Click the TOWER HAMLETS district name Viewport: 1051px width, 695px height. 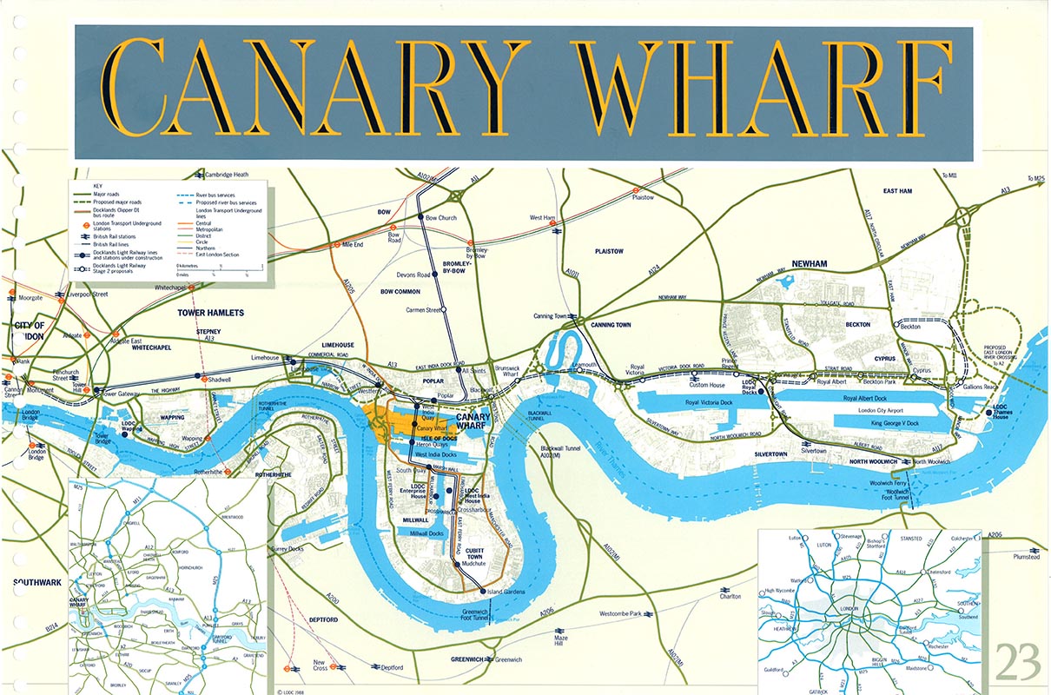(211, 312)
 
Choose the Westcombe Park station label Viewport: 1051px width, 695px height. (623, 614)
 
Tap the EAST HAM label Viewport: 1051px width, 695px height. (902, 191)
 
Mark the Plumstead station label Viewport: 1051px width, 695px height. (1025, 557)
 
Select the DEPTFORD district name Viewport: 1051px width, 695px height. (323, 620)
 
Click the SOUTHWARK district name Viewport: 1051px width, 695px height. (37, 582)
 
